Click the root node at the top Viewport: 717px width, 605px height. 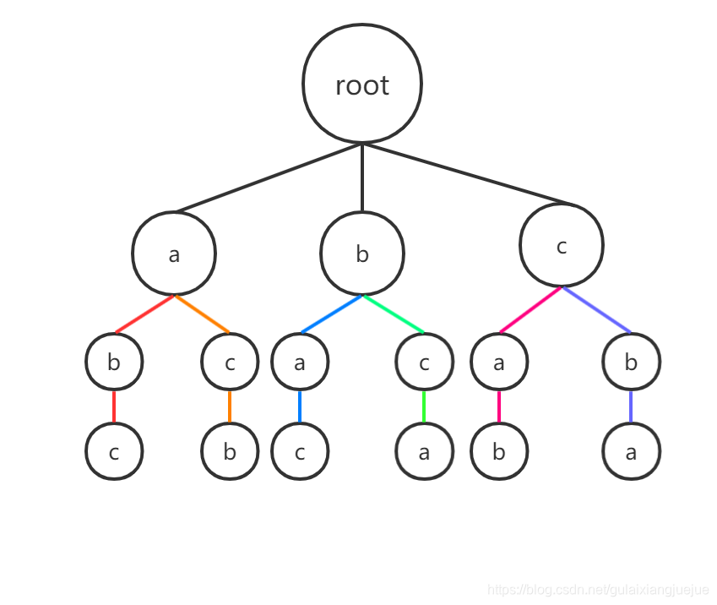coord(361,84)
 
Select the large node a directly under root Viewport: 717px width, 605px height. coord(174,253)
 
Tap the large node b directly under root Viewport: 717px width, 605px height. coord(361,253)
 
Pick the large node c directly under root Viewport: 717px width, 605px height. coord(561,246)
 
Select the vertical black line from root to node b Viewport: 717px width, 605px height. coord(361,177)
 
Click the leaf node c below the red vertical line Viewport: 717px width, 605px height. coord(114,451)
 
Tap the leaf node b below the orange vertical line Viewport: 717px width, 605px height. coord(229,451)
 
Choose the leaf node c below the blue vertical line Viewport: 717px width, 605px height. coord(300,451)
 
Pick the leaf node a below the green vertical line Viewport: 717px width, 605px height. coord(424,451)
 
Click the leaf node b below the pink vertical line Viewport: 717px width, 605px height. coord(499,451)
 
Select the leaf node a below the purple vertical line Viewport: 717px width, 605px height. coord(631,451)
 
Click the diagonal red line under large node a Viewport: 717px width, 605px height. coord(144,314)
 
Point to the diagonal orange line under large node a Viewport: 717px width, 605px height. coord(203,314)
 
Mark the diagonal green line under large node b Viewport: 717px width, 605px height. coord(394,314)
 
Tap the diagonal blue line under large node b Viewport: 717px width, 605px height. coord(331,314)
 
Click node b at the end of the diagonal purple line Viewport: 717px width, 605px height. coord(631,362)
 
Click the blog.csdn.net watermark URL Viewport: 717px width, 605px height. coord(598,589)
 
